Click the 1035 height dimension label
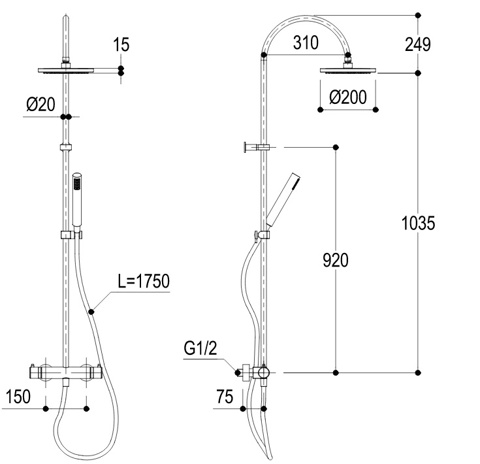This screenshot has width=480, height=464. [418, 223]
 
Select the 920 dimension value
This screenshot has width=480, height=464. [336, 260]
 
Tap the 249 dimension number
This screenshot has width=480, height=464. [418, 44]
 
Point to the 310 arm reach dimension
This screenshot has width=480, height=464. [306, 42]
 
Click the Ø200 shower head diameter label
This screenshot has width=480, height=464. [348, 97]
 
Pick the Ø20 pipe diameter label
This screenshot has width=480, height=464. [40, 104]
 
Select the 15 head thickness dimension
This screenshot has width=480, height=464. [121, 44]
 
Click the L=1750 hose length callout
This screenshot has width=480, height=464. [144, 281]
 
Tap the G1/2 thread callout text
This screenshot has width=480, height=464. [200, 348]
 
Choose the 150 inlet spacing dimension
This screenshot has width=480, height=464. [18, 397]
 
